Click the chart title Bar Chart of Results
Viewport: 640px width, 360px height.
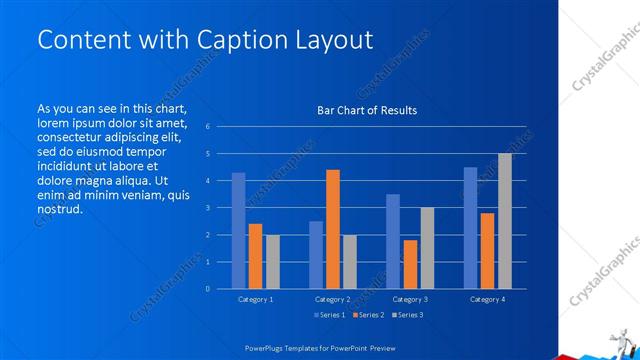[367, 110]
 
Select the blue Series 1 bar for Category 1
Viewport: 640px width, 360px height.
[238, 231]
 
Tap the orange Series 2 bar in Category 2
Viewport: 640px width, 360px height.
[333, 229]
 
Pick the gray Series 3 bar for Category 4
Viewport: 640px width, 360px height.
[504, 221]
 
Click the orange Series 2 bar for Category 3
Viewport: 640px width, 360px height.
[410, 264]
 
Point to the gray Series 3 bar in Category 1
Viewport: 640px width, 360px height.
[273, 262]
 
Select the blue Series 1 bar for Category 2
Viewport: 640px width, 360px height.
[316, 255]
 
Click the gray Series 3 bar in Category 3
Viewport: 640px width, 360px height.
[427, 248]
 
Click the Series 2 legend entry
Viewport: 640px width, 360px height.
[367, 316]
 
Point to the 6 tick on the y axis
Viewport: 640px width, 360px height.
[207, 127]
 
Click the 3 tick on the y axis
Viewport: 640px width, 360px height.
[207, 208]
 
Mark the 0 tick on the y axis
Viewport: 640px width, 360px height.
[207, 289]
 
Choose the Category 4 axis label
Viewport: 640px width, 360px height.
[487, 299]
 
